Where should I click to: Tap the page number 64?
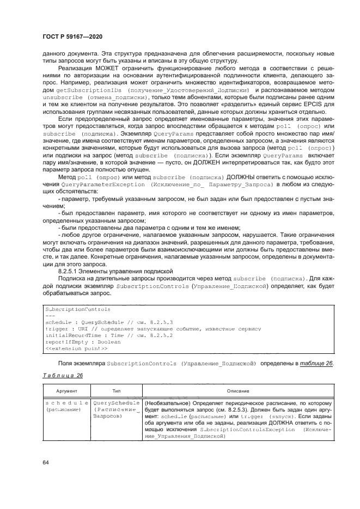pyautogui.click(x=45, y=463)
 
